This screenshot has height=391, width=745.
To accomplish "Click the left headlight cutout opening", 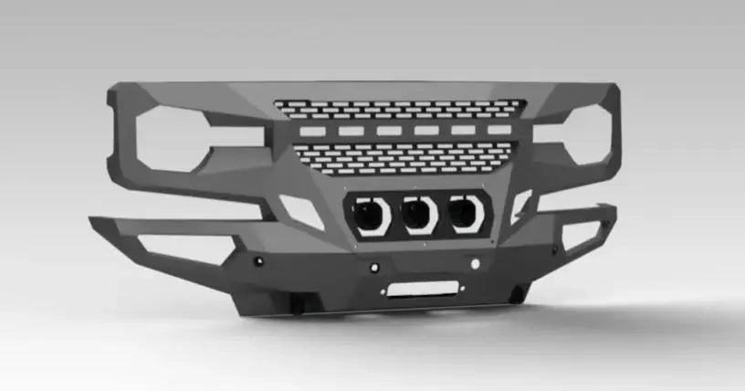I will pos(178,137).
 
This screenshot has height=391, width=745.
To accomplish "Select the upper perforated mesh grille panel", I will pos(400,109).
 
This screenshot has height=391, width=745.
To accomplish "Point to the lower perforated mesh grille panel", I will pos(402,156).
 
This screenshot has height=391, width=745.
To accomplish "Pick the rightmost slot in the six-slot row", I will pos(499,130).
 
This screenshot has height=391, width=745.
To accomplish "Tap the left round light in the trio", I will pos(371,216).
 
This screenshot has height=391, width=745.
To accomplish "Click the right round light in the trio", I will pos(465,214).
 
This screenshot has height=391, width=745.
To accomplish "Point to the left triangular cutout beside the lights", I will pos(302,210).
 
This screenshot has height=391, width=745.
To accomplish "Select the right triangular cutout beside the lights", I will pos(520,206).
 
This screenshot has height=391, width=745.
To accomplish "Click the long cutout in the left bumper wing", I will pos(183,247).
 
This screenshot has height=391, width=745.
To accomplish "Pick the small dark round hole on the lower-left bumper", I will pos(259,262).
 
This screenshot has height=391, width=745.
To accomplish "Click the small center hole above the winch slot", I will pos(374,268).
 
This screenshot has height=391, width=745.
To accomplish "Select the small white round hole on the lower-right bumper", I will pos(475,263).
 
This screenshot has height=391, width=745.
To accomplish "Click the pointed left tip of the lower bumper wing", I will pos(92,220).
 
